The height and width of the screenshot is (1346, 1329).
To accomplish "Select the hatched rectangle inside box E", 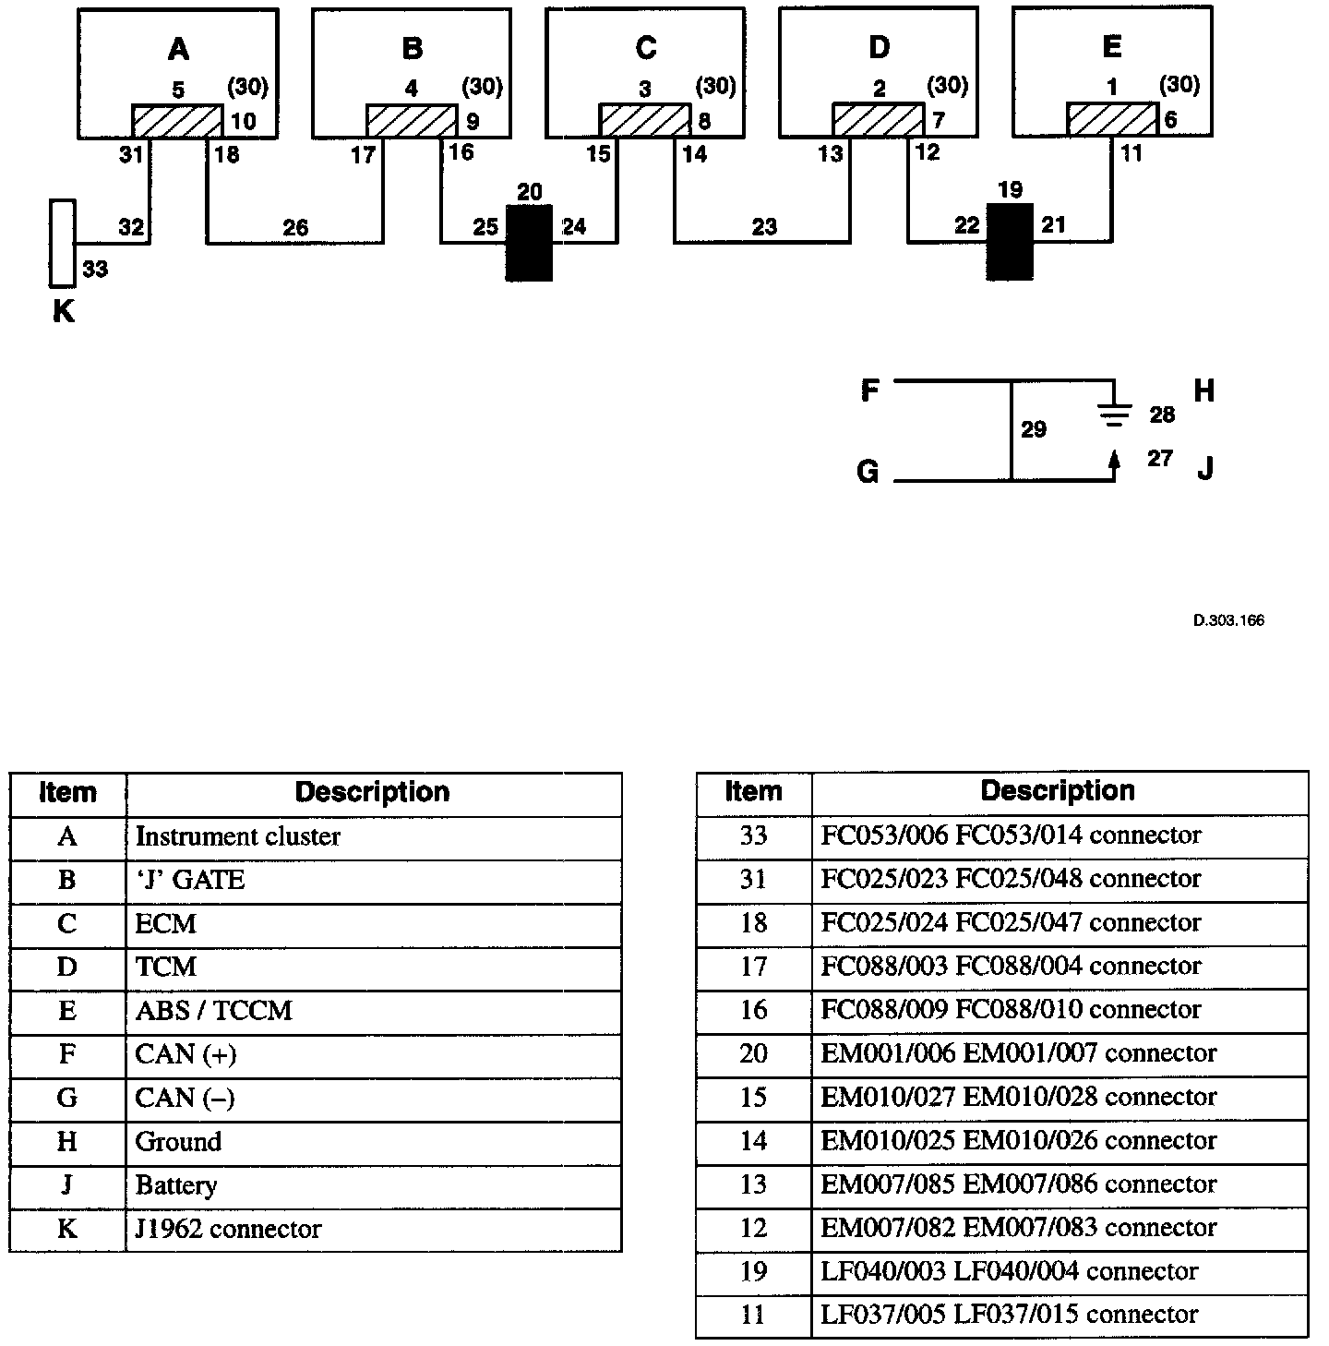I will pos(1112,120).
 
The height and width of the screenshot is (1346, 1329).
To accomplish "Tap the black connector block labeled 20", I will pos(529,242).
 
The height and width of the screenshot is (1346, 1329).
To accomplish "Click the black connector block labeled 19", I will pos(1010,241).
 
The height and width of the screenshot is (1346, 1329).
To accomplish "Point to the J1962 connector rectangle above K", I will pos(62,242).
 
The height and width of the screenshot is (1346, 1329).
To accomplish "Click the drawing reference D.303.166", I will pos(1228,620).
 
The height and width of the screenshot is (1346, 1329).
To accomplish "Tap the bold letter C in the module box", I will pos(646,47).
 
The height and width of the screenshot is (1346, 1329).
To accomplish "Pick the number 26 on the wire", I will pos(295,227).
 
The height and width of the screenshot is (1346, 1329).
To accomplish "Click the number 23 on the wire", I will pos(763,226).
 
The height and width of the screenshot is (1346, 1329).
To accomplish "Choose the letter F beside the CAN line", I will pos(869,391).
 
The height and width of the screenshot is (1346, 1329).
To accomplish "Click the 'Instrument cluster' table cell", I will pos(373,837).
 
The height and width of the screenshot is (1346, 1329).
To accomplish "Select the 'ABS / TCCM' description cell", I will pos(373,1011).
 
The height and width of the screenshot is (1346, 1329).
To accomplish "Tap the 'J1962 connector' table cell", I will pos(373,1230).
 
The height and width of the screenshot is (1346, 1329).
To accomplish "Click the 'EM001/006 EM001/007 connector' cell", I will pos(1059,1053).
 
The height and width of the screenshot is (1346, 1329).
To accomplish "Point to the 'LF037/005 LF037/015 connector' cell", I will pos(1059,1315).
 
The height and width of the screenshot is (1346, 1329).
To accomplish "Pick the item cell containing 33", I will pos(753,835).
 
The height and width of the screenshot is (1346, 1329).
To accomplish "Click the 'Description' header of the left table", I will pos(373,792).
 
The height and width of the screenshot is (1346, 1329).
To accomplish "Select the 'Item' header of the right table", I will pos(753,791).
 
